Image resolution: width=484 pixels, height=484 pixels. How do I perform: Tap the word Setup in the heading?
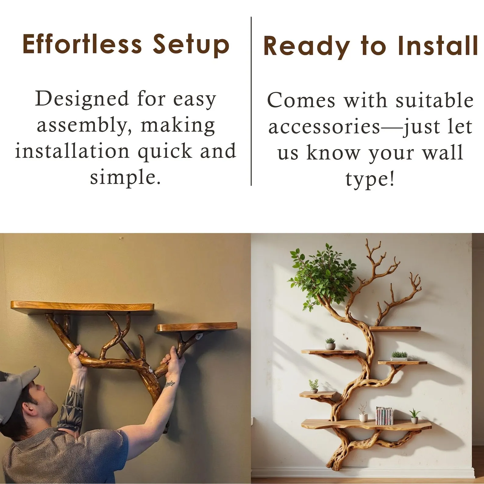191,46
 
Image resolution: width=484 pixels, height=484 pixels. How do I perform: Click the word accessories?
324,127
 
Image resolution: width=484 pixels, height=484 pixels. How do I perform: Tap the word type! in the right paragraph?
370,179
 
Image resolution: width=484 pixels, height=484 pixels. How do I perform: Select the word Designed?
82,99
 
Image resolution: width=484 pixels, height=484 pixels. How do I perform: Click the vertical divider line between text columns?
251,101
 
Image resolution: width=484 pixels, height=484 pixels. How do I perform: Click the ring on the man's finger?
74,353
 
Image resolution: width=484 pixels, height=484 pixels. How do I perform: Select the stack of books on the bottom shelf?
384,416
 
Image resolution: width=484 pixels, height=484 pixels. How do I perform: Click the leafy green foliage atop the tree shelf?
322,277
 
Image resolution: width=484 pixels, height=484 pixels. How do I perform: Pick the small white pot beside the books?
363,417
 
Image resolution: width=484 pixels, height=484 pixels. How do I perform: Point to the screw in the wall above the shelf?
121,237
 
